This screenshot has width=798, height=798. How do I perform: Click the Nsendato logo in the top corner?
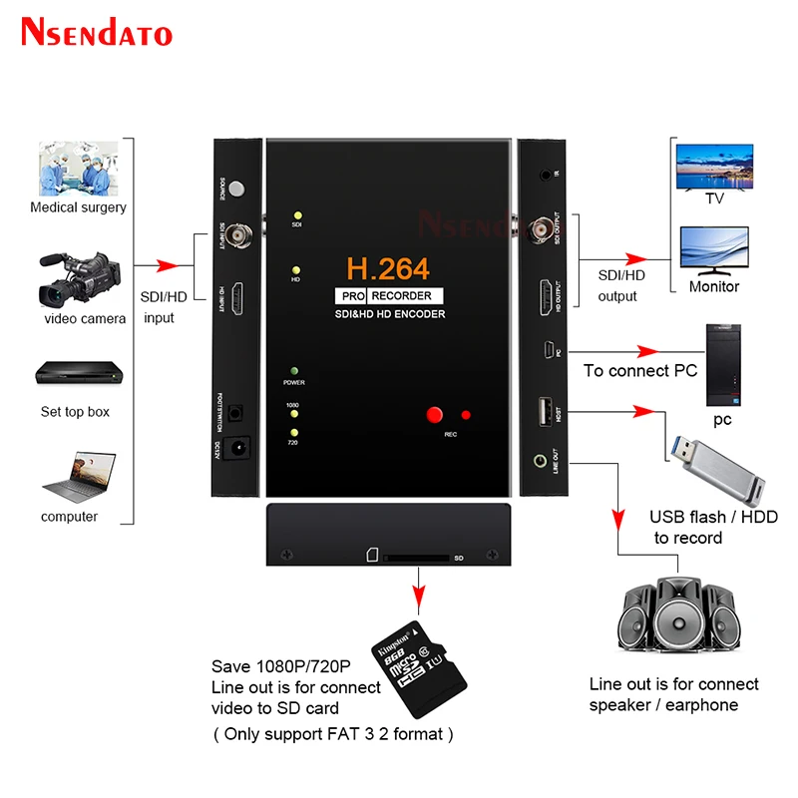(97, 32)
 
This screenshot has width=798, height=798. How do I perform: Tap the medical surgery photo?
(78, 168)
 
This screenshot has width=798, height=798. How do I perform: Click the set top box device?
(76, 375)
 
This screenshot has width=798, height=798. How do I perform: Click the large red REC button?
(434, 414)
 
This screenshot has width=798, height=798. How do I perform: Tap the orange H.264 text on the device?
(388, 268)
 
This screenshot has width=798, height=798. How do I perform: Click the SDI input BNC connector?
(238, 234)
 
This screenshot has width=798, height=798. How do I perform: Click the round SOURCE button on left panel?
(237, 187)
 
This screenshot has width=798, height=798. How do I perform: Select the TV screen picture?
(714, 164)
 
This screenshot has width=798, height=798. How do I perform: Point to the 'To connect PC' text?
(639, 371)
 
